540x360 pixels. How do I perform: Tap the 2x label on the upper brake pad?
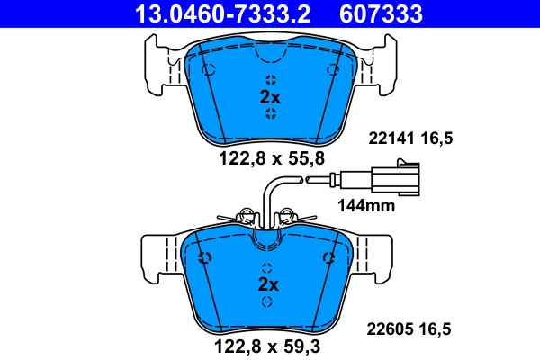[x=270, y=97]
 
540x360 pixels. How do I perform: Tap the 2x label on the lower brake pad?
[x=270, y=283]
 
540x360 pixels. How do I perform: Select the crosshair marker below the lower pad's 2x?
[x=271, y=301]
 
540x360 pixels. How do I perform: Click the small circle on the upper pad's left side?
[x=208, y=71]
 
